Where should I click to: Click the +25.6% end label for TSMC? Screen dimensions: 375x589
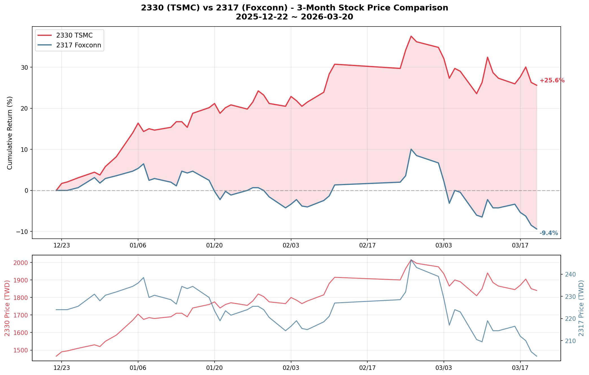552,80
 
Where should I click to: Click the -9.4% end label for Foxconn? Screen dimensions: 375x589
548,233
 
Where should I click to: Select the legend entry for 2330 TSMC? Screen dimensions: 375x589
74,35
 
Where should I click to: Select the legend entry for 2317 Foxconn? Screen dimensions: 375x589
78,45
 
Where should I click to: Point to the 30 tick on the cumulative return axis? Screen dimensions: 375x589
24,67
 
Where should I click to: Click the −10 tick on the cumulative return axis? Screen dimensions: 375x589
23,232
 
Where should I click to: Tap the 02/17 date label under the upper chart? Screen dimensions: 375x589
367,245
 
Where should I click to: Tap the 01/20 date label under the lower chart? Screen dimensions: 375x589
214,368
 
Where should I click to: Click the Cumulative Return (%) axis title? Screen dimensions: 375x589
10,133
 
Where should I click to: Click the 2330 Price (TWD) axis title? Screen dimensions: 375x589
7,308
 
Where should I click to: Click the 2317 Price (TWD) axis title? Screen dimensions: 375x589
581,308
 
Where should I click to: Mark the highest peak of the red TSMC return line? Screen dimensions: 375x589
411,36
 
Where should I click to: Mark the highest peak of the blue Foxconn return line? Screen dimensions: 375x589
411,149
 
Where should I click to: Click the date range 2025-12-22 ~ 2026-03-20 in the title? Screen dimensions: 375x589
294,17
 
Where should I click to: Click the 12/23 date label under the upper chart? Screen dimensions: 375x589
62,245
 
